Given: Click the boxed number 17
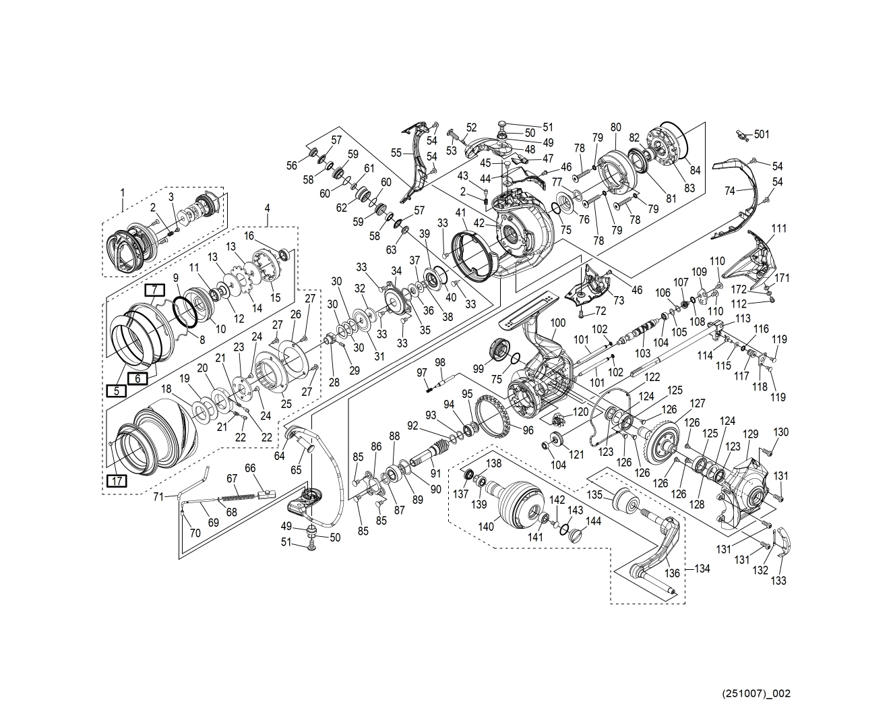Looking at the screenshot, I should [x=117, y=481].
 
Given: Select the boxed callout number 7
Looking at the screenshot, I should [x=155, y=290].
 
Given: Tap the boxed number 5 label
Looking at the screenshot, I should [x=116, y=390].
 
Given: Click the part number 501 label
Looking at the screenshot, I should [x=761, y=135].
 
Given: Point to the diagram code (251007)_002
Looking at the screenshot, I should [x=756, y=693].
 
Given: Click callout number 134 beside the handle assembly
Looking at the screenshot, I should [x=702, y=569].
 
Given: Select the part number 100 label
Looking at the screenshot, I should [x=557, y=323].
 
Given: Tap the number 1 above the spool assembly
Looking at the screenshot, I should [x=123, y=192].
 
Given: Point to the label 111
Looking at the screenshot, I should [x=778, y=229].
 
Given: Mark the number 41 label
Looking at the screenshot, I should [x=461, y=214].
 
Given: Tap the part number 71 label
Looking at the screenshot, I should [x=159, y=497].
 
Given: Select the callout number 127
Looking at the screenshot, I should [x=697, y=403].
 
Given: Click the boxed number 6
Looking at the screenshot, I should [x=137, y=378].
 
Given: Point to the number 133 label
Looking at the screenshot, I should [x=778, y=580].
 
